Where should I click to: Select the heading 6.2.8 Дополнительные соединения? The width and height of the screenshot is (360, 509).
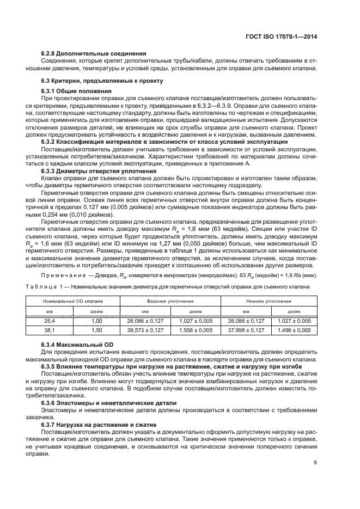(93, 53)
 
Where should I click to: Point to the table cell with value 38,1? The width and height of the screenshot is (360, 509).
(50, 330)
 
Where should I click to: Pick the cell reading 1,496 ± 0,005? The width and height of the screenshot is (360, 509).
(294, 330)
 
